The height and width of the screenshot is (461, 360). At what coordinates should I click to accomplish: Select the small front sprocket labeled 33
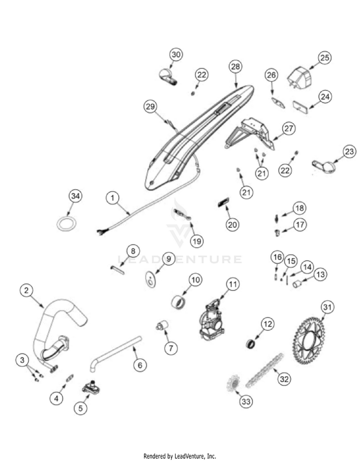pyautogui.click(x=233, y=384)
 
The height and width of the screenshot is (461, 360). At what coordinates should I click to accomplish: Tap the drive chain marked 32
pyautogui.click(x=264, y=370)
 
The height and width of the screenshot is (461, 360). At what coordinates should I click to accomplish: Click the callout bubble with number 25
pyautogui.click(x=324, y=58)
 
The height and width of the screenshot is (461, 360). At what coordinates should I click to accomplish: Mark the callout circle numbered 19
pyautogui.click(x=196, y=241)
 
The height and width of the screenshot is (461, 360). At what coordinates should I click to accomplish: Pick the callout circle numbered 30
pyautogui.click(x=176, y=55)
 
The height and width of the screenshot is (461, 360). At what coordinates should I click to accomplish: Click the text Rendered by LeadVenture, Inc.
pyautogui.click(x=180, y=456)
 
